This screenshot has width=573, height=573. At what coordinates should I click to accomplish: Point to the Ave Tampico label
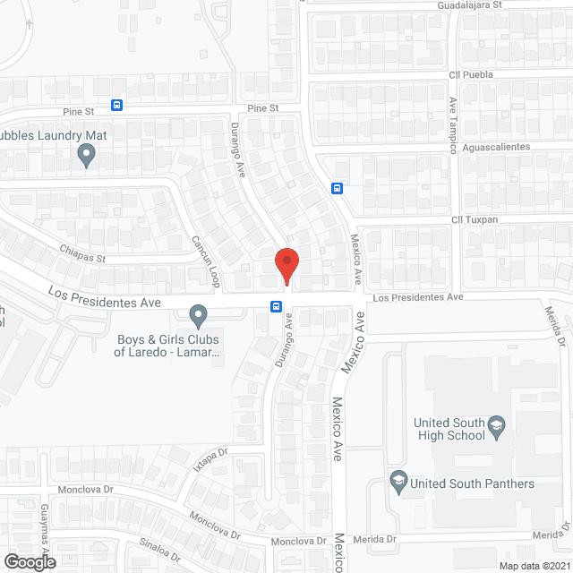tap(453, 125)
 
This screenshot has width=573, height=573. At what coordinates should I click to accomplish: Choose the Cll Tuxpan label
tap(475, 219)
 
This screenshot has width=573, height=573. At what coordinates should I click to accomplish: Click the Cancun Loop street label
tap(205, 261)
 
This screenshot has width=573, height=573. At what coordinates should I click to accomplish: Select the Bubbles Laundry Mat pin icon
tap(86, 157)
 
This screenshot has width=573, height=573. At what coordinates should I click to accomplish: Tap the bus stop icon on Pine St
tap(117, 106)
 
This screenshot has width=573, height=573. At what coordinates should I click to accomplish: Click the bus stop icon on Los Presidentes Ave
tap(276, 307)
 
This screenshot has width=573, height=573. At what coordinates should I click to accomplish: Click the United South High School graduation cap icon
tap(498, 429)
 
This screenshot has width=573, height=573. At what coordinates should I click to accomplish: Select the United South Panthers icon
tap(398, 483)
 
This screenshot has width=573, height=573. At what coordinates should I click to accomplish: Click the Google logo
tap(29, 562)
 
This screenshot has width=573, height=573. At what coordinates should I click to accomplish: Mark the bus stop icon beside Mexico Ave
tap(338, 188)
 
